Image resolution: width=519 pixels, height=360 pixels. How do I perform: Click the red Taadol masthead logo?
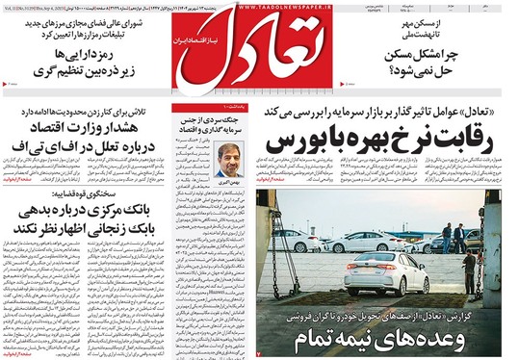click(260, 54)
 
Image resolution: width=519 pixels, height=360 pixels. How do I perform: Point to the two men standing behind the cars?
click(453, 238)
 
